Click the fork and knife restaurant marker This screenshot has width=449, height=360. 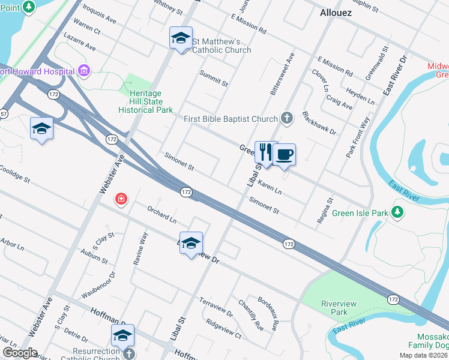coord(265,154)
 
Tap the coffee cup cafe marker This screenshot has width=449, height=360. coord(285,155)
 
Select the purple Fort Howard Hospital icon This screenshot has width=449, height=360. coord(83,71)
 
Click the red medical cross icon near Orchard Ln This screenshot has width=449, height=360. coord(121,199)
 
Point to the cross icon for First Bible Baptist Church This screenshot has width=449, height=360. coord(287,118)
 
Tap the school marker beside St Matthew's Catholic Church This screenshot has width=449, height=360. coord(181,39)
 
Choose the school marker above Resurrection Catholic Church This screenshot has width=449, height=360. coord(122,336)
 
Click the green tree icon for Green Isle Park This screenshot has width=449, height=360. coord(396,212)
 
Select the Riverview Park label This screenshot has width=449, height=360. coord(339,308)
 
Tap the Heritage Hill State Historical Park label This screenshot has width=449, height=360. coord(146,102)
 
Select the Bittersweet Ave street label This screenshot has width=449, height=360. coord(283,74)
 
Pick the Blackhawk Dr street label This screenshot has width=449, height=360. coord(319,122)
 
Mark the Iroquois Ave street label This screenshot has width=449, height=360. coord(99,12)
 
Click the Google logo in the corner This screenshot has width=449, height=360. coord(19,352)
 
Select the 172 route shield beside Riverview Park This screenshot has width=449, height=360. coord(393,299)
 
